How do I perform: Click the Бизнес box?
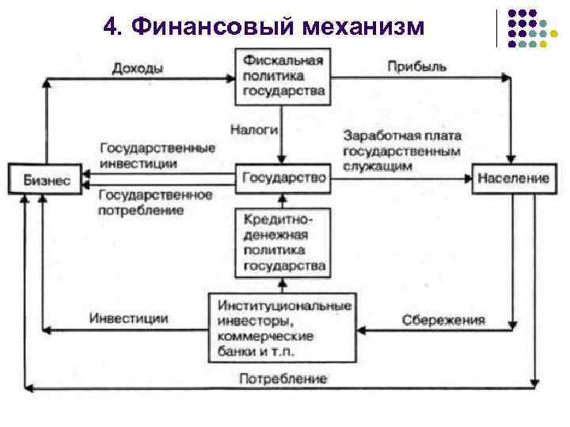coord(40,179)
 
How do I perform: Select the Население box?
coord(512,178)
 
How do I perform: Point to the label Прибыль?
coord(416,67)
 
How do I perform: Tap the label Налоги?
coord(254,127)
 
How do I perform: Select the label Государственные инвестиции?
coord(158,155)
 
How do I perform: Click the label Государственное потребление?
coord(155,202)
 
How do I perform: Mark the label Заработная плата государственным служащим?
coord(402,151)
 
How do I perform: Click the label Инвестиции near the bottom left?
coord(128,318)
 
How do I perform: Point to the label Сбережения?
coord(443,320)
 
